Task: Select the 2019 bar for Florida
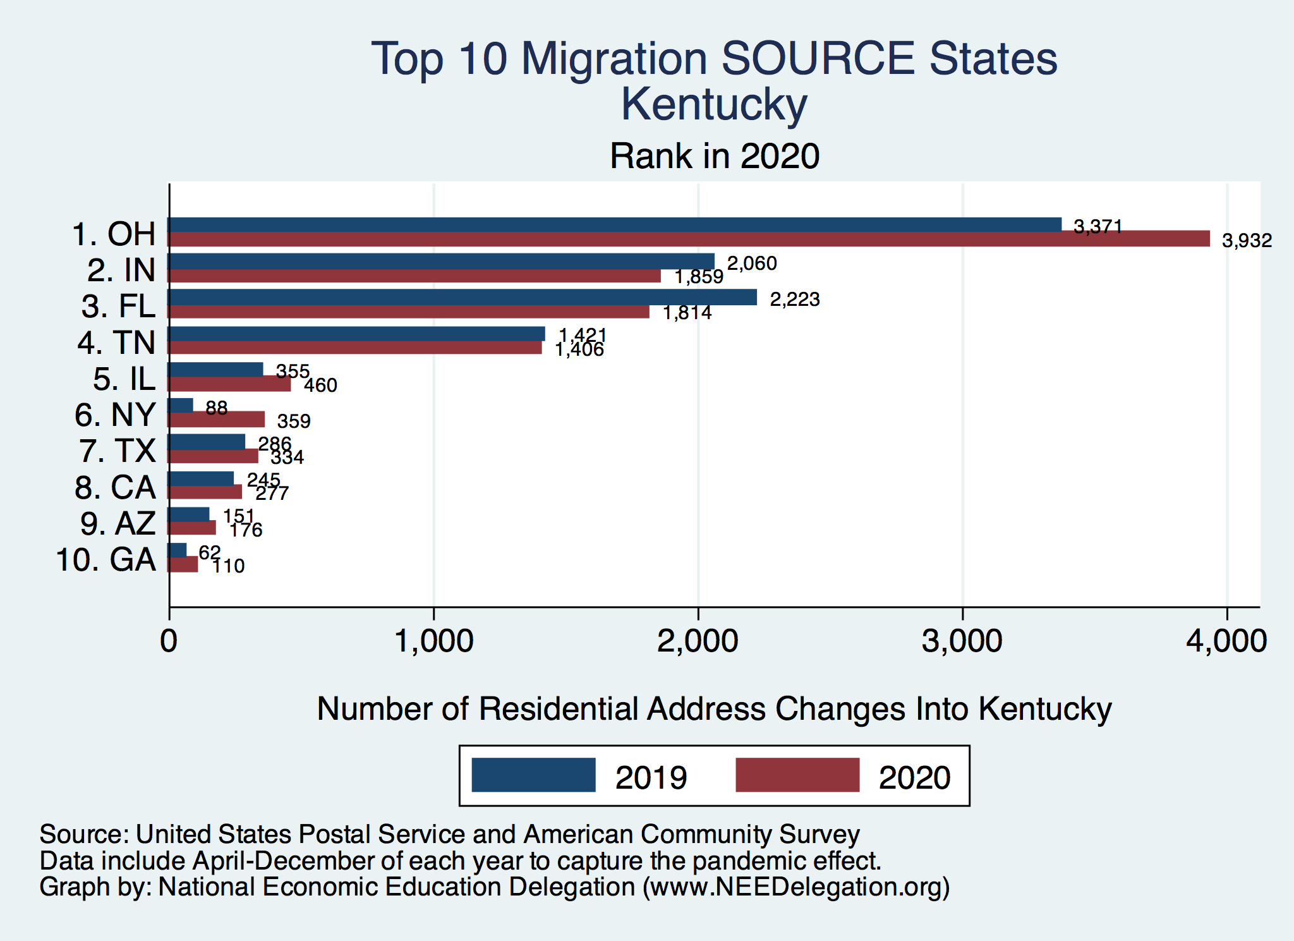tap(463, 297)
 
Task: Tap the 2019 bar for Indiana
tap(441, 261)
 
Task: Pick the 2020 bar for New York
tap(216, 420)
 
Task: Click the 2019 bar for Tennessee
tap(356, 334)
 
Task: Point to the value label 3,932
tap(1247, 241)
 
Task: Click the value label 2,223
tap(794, 300)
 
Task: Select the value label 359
tap(294, 422)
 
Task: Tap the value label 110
tap(228, 566)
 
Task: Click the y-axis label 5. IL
tap(124, 379)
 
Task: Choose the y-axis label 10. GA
tap(106, 560)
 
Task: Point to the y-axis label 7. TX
tap(117, 451)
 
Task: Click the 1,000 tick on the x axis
tap(433, 642)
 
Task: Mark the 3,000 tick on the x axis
tap(962, 642)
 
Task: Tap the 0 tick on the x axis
tap(169, 642)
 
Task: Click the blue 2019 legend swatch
tap(533, 775)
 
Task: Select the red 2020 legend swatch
tap(797, 775)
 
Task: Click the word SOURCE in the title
tap(818, 59)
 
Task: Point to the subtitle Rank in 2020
tap(714, 156)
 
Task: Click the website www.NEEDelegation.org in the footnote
tap(795, 887)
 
